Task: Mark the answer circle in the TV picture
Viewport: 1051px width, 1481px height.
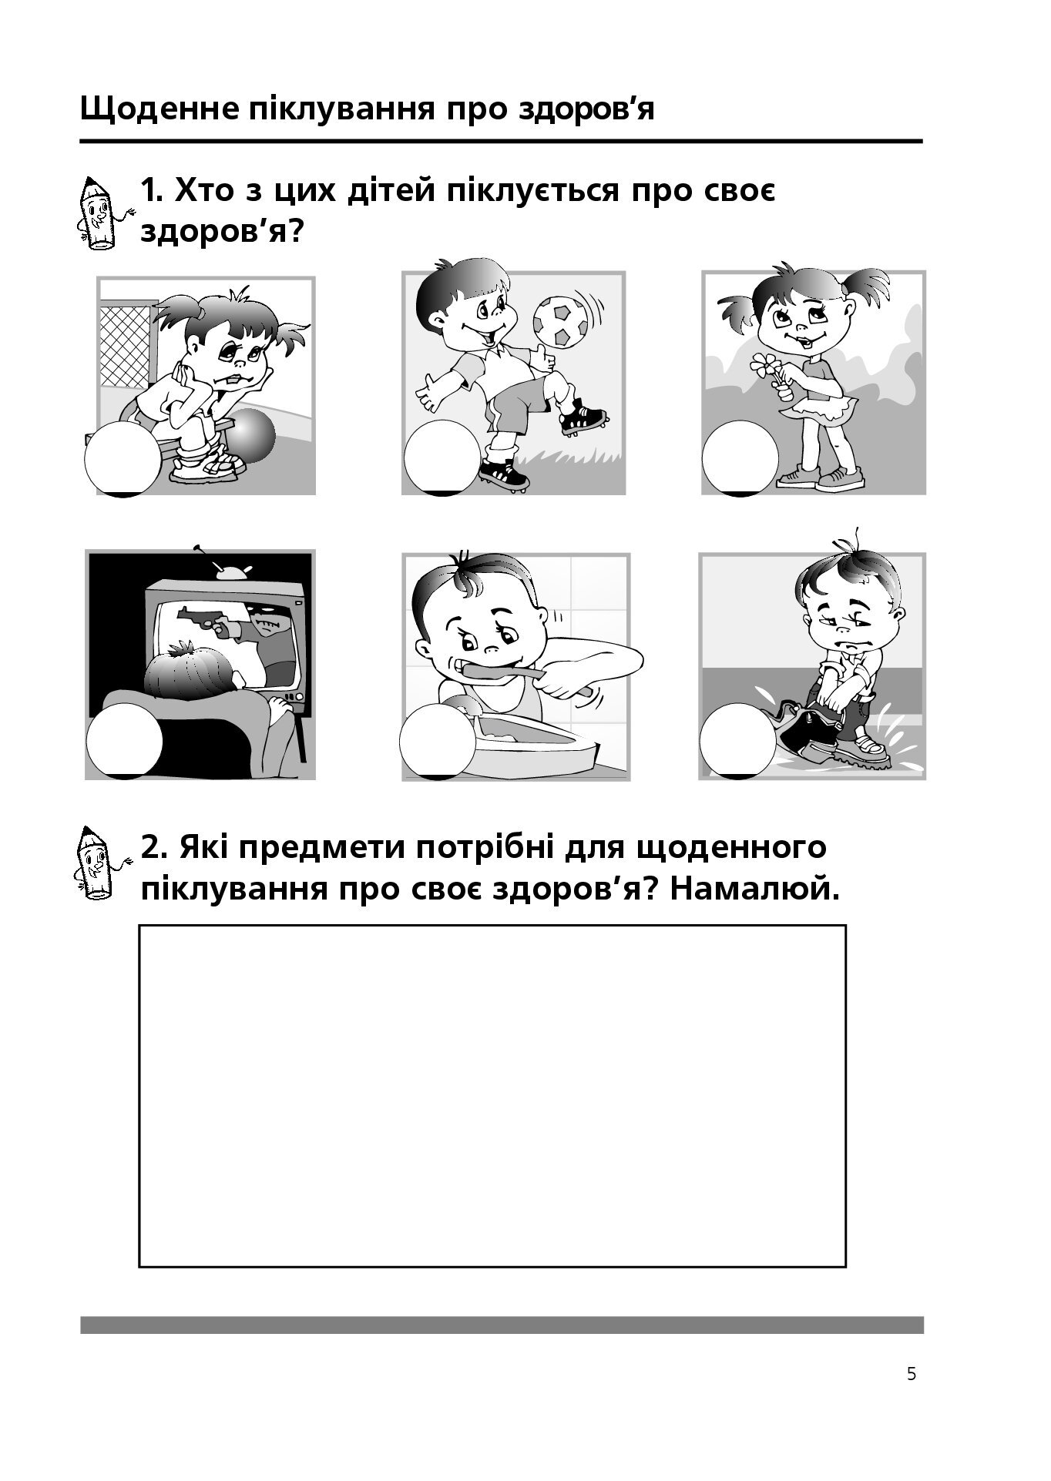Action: (124, 740)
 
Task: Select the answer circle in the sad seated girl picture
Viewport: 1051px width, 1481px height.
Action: (123, 458)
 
